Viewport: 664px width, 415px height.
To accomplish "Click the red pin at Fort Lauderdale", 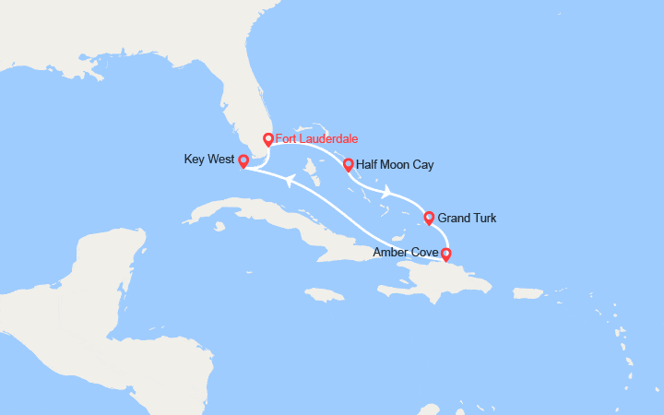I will [268, 140].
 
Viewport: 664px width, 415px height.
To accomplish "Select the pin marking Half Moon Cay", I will [348, 165].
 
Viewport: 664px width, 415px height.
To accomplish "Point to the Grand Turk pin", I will [429, 218].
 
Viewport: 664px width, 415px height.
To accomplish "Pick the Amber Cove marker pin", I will [446, 254].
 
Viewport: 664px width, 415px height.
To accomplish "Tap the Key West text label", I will [209, 160].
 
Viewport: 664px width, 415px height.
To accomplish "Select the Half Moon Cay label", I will [394, 165].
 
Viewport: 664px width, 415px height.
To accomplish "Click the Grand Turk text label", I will [467, 219].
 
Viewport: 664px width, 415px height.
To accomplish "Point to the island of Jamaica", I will [323, 295].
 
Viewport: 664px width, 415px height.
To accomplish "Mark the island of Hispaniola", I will [443, 277].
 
